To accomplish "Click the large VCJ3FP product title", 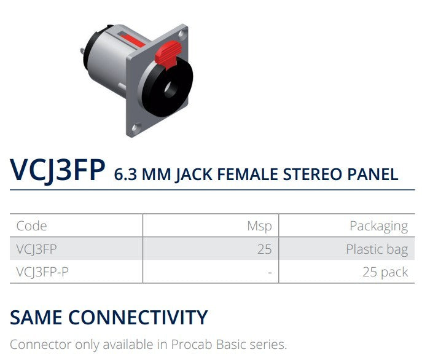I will coord(58,170).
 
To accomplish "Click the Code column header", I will coord(32,226).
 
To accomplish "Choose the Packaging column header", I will coord(378,226).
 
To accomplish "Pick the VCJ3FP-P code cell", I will coord(42,272).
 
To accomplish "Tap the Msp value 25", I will coord(264,249).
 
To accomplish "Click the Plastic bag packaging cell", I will coord(377,249).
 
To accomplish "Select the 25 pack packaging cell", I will coord(385,272).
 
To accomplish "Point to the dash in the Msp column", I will coord(269,272).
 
